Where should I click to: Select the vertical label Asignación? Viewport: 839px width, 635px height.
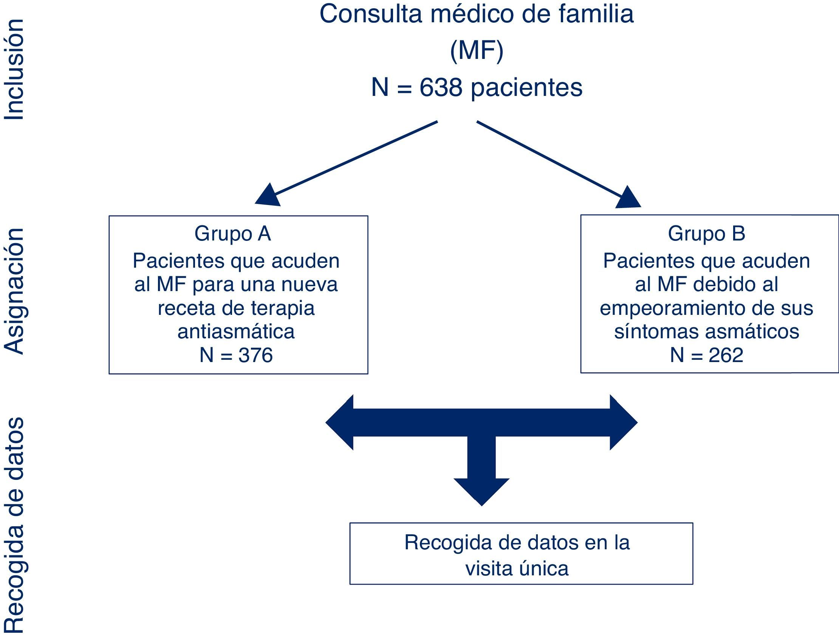coord(15,291)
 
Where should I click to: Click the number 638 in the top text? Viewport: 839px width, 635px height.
coord(441,88)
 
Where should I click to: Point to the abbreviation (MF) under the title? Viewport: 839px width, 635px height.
coord(477,51)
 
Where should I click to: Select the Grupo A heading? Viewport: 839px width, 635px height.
coord(232,234)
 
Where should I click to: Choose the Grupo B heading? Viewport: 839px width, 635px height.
coord(706,233)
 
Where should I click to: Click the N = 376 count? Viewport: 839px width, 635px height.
coord(236,355)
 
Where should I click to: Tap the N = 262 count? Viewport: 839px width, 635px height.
coord(706,355)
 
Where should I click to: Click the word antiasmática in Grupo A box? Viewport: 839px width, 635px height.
coord(236,331)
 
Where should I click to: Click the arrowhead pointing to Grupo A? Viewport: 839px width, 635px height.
coord(268,196)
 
